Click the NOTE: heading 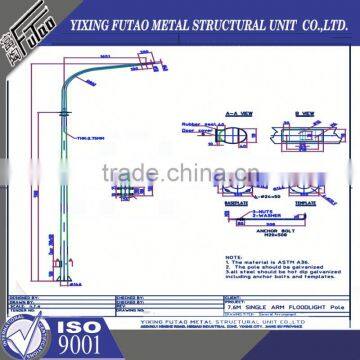[237, 257]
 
